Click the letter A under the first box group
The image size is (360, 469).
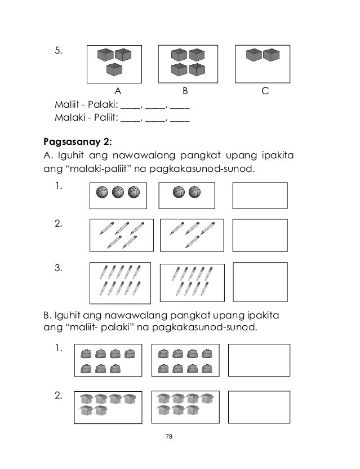[118, 91]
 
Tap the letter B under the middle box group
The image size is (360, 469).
[185, 91]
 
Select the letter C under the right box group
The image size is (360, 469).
[264, 91]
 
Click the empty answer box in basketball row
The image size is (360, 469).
[260, 195]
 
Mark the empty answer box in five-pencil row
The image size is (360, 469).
[260, 234]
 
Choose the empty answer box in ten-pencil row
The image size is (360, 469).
[260, 280]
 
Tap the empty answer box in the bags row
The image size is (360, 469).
[255, 360]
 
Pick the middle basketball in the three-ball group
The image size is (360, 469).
[118, 192]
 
